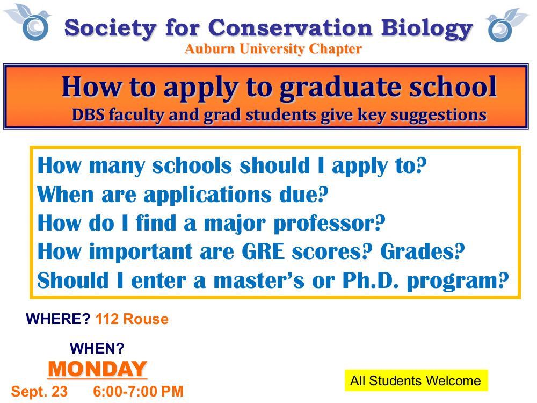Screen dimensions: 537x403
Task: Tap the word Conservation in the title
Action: pos(290,27)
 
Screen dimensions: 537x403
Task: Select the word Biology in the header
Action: pos(427,29)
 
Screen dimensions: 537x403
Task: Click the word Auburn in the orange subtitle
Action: pos(209,49)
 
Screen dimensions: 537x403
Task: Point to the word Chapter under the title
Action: pos(335,49)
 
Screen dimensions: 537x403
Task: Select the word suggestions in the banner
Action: pos(438,115)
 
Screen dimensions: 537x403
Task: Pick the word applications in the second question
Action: pos(207,196)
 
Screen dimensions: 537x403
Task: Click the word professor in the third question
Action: pos(329,224)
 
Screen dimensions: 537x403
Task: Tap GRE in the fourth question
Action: pos(263,251)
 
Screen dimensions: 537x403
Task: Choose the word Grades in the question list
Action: pos(423,251)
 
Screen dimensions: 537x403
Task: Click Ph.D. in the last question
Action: pos(371,280)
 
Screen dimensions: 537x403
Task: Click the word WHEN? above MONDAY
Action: pos(97,348)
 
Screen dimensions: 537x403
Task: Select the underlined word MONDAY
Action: pos(98,369)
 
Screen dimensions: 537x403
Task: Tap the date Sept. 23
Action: pos(39,392)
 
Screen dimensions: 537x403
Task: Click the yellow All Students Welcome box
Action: pos(416,380)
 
